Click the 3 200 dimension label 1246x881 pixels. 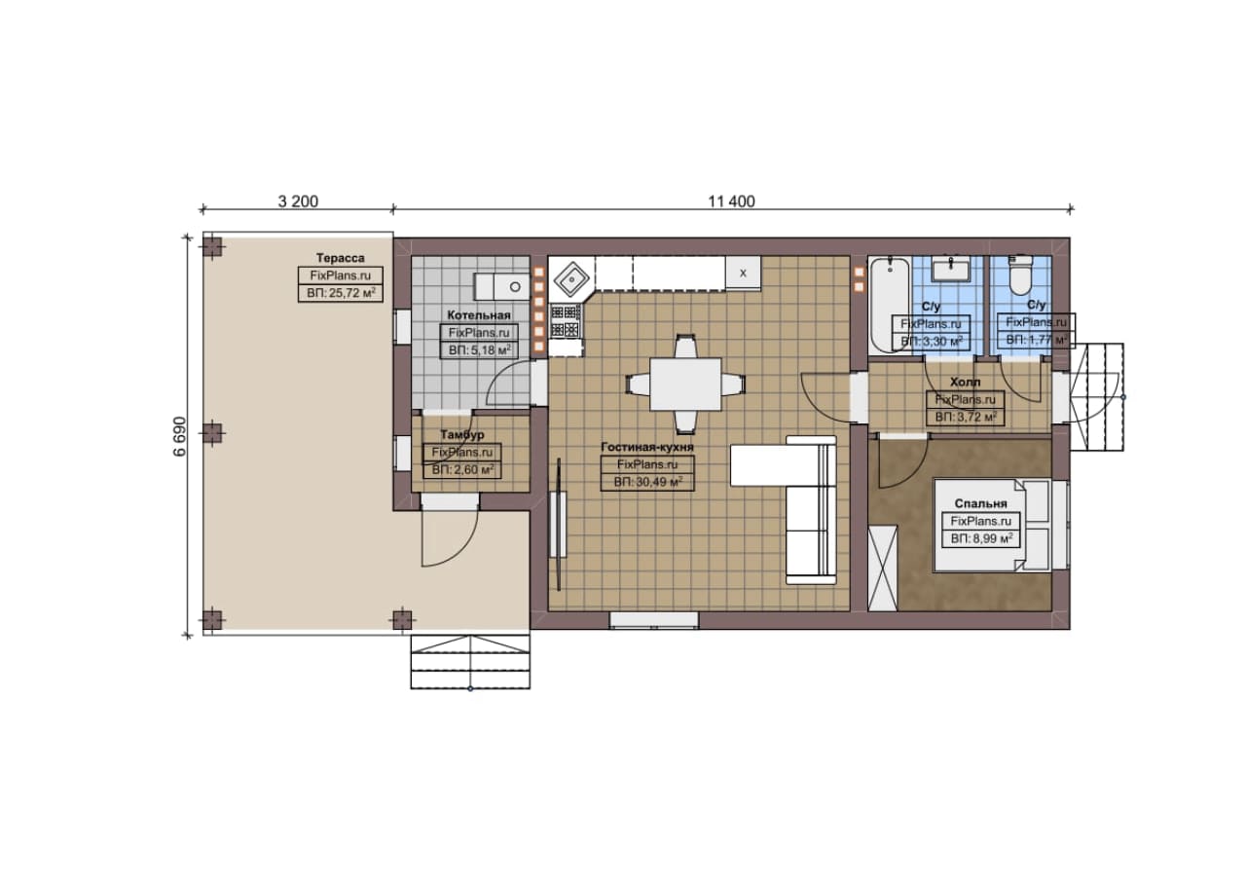click(298, 202)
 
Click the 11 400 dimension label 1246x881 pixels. click(731, 202)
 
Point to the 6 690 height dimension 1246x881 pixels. click(180, 436)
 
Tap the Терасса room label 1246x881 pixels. click(341, 258)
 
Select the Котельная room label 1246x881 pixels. click(479, 315)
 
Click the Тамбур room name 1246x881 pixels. click(462, 434)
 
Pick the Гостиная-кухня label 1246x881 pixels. click(647, 447)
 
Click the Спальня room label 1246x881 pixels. click(980, 503)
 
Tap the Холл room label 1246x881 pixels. click(965, 383)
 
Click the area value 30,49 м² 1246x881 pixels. click(647, 482)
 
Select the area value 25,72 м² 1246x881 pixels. click(341, 293)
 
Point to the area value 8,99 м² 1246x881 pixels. click(980, 538)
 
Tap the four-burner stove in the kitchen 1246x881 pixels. click(566, 322)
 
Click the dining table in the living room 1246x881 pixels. click(685, 385)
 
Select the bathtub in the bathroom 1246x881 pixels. click(890, 305)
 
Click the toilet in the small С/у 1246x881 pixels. click(1020, 275)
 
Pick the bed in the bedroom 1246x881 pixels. click(992, 525)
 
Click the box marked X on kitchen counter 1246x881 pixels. click(743, 273)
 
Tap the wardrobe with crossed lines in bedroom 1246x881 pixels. click(883, 568)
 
